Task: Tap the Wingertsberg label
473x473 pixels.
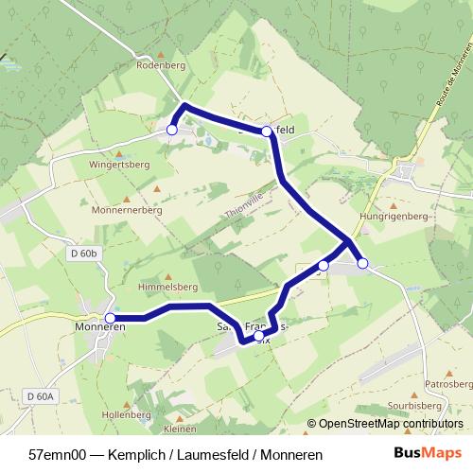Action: (119, 164)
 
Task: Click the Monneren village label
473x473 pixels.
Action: (99, 326)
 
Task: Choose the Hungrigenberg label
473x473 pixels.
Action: (394, 217)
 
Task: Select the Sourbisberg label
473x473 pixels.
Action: (436, 405)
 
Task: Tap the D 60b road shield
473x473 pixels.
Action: (83, 254)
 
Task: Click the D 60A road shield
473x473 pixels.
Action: (42, 395)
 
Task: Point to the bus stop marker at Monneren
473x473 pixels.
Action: (111, 319)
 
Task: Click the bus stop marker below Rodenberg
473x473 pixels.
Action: (172, 130)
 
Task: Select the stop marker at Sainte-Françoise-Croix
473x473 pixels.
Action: (259, 335)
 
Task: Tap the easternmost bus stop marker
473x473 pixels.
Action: (362, 263)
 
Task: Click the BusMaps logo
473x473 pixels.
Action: (428, 453)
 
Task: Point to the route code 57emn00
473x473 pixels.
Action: (56, 454)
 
